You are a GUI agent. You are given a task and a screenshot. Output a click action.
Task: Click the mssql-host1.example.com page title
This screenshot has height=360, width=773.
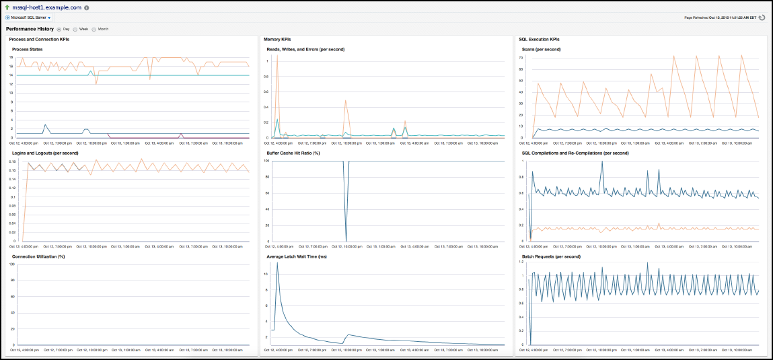[47, 7]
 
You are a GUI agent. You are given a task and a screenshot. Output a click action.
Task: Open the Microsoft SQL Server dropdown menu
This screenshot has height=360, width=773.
[30, 17]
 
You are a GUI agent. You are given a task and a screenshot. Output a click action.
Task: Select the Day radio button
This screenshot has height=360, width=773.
[59, 29]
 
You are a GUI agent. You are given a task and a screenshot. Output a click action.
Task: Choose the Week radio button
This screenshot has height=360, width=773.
[75, 29]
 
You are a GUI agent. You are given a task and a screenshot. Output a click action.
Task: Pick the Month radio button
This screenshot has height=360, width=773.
[94, 29]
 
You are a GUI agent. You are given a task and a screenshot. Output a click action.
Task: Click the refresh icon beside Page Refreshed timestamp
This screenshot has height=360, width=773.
[762, 17]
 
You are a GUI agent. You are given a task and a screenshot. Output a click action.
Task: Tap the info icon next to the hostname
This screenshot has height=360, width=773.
[87, 8]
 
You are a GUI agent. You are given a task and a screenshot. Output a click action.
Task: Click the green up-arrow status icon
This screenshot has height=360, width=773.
[7, 7]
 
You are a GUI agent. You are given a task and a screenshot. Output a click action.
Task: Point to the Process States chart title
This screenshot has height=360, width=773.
[28, 49]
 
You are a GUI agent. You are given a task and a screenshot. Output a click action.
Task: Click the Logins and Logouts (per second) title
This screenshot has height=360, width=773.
[45, 153]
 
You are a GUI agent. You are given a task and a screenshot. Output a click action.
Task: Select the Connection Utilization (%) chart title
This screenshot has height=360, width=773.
[38, 256]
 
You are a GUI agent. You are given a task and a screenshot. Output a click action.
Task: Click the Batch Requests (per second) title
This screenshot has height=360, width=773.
[552, 256]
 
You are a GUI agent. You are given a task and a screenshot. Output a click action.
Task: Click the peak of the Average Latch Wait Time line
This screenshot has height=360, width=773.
[277, 263]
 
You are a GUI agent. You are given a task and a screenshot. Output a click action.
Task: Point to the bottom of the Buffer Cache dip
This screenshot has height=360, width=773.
[346, 240]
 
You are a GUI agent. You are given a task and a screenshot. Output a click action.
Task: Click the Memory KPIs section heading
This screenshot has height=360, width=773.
[277, 40]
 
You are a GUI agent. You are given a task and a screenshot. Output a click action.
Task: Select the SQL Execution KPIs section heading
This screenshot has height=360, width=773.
[539, 40]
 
